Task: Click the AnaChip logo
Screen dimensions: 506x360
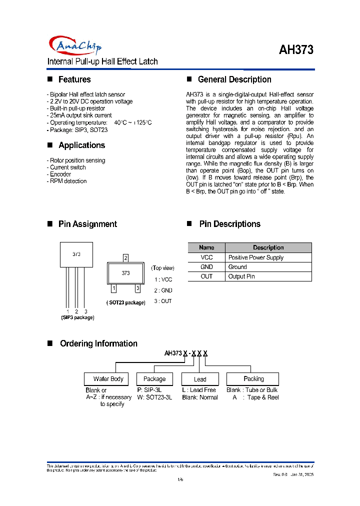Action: pyautogui.click(x=75, y=46)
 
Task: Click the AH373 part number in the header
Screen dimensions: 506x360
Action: pyautogui.click(x=296, y=50)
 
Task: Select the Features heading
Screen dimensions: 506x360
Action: pyautogui.click(x=74, y=79)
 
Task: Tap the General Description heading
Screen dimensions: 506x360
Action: pyautogui.click(x=234, y=79)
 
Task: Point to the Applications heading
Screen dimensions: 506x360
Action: pyautogui.click(x=81, y=145)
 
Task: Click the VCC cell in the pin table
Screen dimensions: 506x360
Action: pyautogui.click(x=206, y=257)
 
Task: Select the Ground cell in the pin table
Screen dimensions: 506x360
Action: pyautogui.click(x=237, y=267)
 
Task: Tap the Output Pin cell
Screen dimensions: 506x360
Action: pyautogui.click(x=241, y=276)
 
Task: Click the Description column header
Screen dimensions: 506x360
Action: pyautogui.click(x=268, y=247)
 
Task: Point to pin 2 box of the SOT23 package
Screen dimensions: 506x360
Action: pyautogui.click(x=125, y=258)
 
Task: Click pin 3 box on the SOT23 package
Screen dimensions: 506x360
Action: pyautogui.click(x=137, y=288)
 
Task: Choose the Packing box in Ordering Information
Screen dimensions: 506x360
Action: pyautogui.click(x=253, y=379)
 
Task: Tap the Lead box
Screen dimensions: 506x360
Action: pyautogui.click(x=200, y=379)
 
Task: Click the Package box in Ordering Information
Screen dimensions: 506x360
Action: pyautogui.click(x=154, y=379)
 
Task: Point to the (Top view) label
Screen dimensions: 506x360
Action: pyautogui.click(x=163, y=268)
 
